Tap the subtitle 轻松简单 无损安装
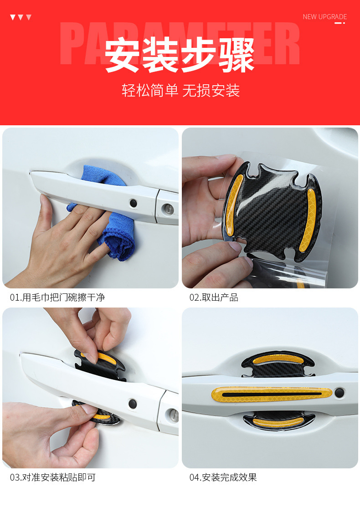click(x=180, y=90)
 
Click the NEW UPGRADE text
click(x=324, y=17)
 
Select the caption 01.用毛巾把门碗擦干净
click(x=57, y=298)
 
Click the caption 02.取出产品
click(x=214, y=298)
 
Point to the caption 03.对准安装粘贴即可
click(x=53, y=477)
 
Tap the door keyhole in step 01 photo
click(x=167, y=209)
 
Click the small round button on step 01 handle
click(x=133, y=203)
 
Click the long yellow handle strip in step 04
click(x=272, y=394)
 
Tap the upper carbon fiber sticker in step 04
click(x=278, y=364)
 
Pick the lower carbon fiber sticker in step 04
click(x=278, y=421)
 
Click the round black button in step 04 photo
click(x=339, y=393)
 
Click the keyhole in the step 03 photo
click(x=172, y=415)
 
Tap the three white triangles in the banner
click(x=21, y=17)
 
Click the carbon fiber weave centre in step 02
click(x=269, y=210)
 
